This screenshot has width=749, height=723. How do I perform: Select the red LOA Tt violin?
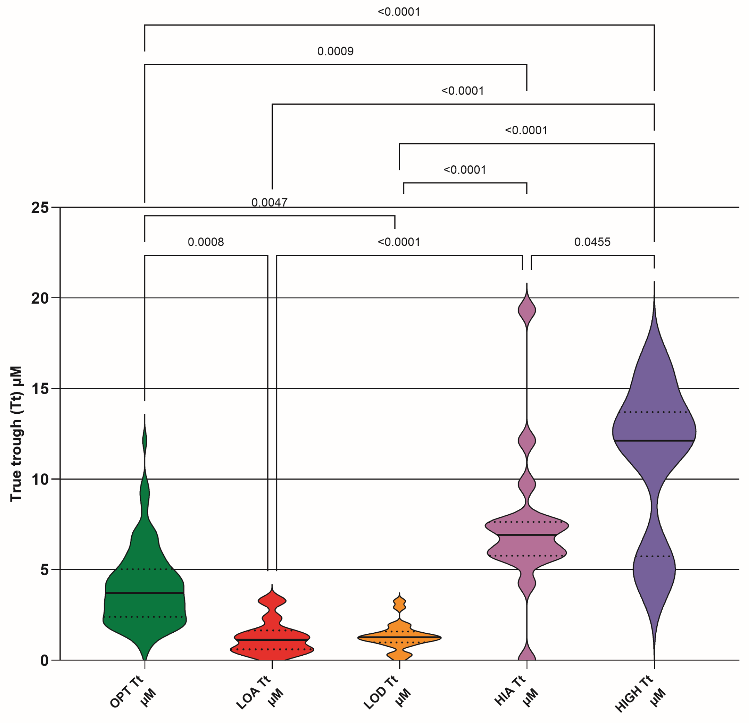click(272, 646)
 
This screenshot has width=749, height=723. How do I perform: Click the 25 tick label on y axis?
click(40, 208)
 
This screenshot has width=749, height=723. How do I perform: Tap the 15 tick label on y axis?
click(40, 389)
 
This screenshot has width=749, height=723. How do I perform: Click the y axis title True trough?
click(16, 434)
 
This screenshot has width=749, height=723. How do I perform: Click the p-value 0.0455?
click(592, 242)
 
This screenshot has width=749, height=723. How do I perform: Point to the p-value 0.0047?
click(269, 202)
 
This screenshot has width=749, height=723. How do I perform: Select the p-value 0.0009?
click(335, 51)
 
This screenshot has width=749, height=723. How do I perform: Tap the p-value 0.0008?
click(206, 242)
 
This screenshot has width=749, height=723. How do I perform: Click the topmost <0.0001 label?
click(399, 12)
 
